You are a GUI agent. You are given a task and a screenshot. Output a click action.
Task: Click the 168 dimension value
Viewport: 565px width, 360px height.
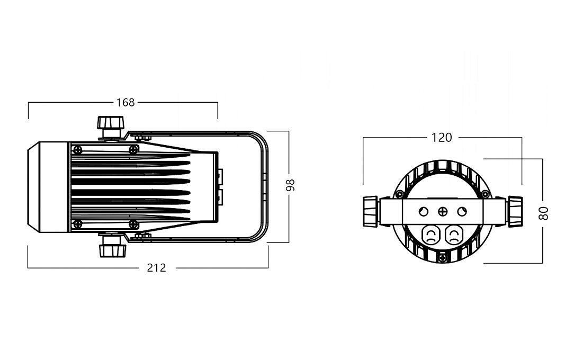125,102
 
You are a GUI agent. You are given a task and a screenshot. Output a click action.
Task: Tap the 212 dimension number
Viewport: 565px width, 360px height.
157,268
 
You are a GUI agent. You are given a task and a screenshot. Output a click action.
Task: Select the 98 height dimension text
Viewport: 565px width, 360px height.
290,185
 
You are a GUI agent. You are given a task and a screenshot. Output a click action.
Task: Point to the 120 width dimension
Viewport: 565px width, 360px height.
442,138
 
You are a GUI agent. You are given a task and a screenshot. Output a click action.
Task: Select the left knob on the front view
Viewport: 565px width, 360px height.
370,211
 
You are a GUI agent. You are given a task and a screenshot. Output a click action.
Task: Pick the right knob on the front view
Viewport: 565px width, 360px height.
515,211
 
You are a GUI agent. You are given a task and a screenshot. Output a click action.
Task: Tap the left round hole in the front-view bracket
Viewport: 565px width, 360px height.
423,212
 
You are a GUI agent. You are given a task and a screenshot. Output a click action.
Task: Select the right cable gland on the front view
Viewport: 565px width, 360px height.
453,235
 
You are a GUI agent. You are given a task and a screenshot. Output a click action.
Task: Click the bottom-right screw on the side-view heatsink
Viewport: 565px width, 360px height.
133,224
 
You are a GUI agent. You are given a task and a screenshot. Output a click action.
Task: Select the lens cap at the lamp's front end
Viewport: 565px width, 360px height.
48,187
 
